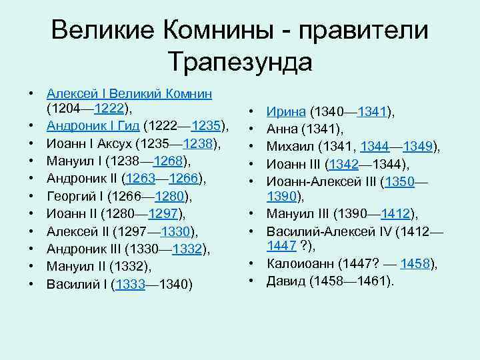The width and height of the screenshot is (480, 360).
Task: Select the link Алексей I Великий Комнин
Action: pos(129,93)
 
